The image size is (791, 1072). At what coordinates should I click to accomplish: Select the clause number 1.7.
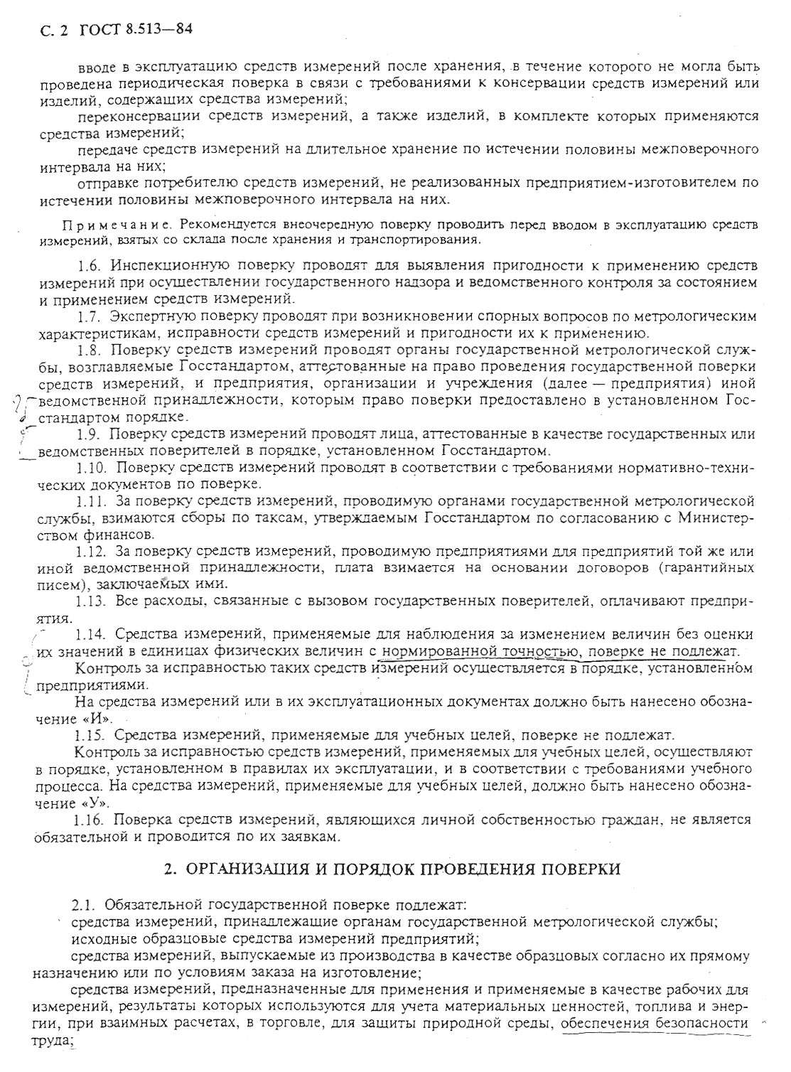pos(90,316)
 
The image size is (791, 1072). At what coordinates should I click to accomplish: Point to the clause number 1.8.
pos(90,350)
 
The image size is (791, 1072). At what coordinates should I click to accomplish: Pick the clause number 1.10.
pos(93,468)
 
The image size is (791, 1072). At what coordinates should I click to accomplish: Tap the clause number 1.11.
pos(92,501)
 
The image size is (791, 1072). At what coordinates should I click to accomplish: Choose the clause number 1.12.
pos(92,551)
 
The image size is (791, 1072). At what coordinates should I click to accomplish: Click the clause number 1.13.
pos(92,601)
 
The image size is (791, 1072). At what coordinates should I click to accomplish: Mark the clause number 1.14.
pos(92,635)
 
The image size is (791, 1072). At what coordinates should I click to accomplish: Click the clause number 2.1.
pos(85,905)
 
